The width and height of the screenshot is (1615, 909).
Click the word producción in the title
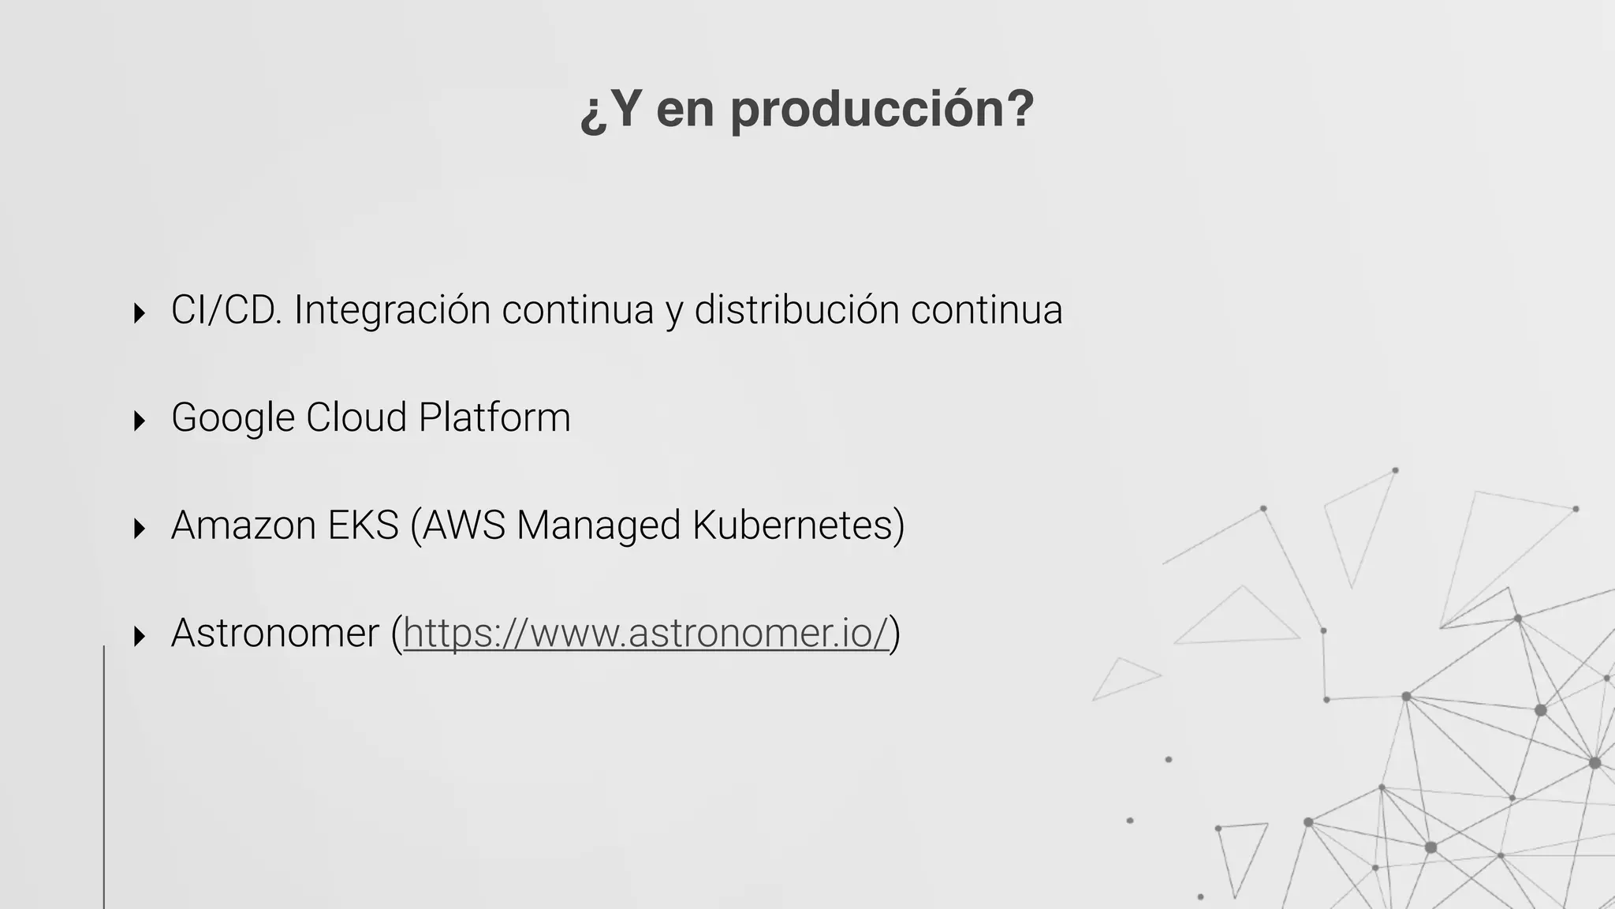[882, 110]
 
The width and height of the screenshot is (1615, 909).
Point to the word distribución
[796, 309]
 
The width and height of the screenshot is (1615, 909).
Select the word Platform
[494, 417]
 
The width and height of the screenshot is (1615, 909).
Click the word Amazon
[243, 526]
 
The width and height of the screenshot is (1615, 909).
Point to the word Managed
[598, 526]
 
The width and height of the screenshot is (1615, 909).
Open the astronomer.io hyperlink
[646, 634]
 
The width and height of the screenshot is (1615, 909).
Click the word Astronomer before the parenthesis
[274, 634]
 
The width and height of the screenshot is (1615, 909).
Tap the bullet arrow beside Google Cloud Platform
[140, 421]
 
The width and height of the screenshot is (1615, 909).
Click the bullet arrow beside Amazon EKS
[140, 528]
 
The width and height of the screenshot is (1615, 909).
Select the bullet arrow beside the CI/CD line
[140, 313]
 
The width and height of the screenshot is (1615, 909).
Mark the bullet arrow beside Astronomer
[140, 636]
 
